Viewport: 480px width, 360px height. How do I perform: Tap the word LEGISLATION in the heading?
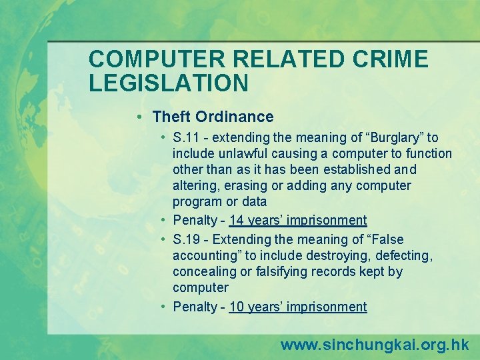169,83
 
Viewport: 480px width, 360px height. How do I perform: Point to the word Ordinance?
235,117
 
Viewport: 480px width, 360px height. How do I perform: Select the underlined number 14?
237,220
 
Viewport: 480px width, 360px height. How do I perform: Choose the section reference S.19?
186,239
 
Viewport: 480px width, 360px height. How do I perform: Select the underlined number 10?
237,307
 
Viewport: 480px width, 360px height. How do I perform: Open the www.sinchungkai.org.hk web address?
375,345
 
